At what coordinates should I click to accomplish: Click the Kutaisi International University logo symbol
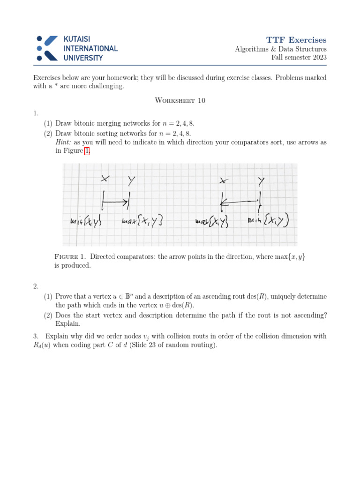(47, 48)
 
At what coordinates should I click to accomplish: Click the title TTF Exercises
(297, 40)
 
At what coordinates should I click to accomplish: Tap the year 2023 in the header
(317, 57)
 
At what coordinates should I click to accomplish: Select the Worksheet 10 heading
(180, 100)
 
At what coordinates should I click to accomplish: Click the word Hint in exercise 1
(64, 142)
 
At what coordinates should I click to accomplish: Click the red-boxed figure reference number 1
(87, 151)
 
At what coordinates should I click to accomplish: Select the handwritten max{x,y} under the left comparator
(142, 221)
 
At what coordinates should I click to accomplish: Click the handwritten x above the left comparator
(105, 179)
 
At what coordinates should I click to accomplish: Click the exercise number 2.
(36, 286)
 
